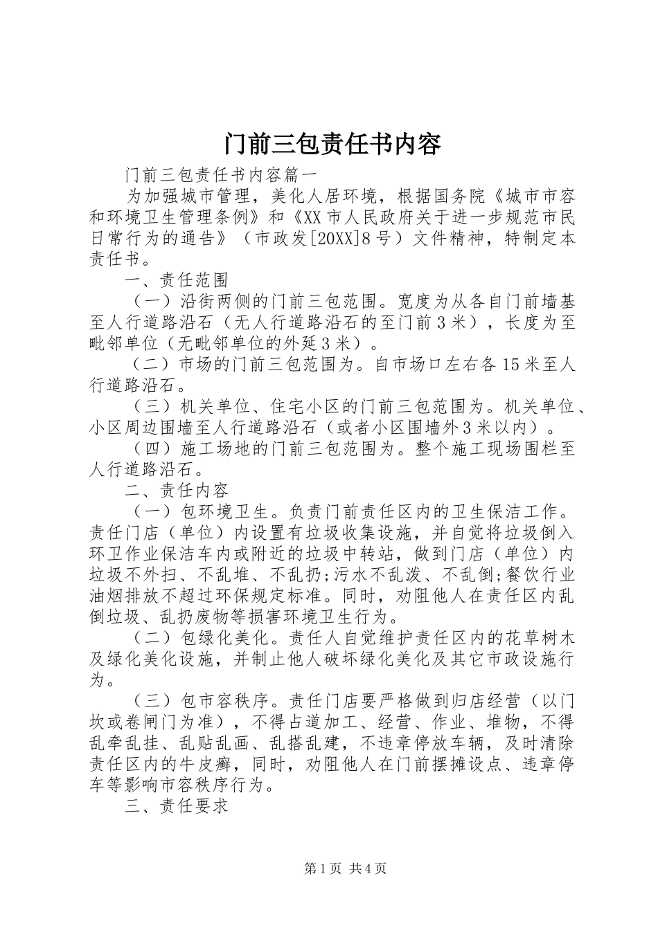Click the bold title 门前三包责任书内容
[x=332, y=145]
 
